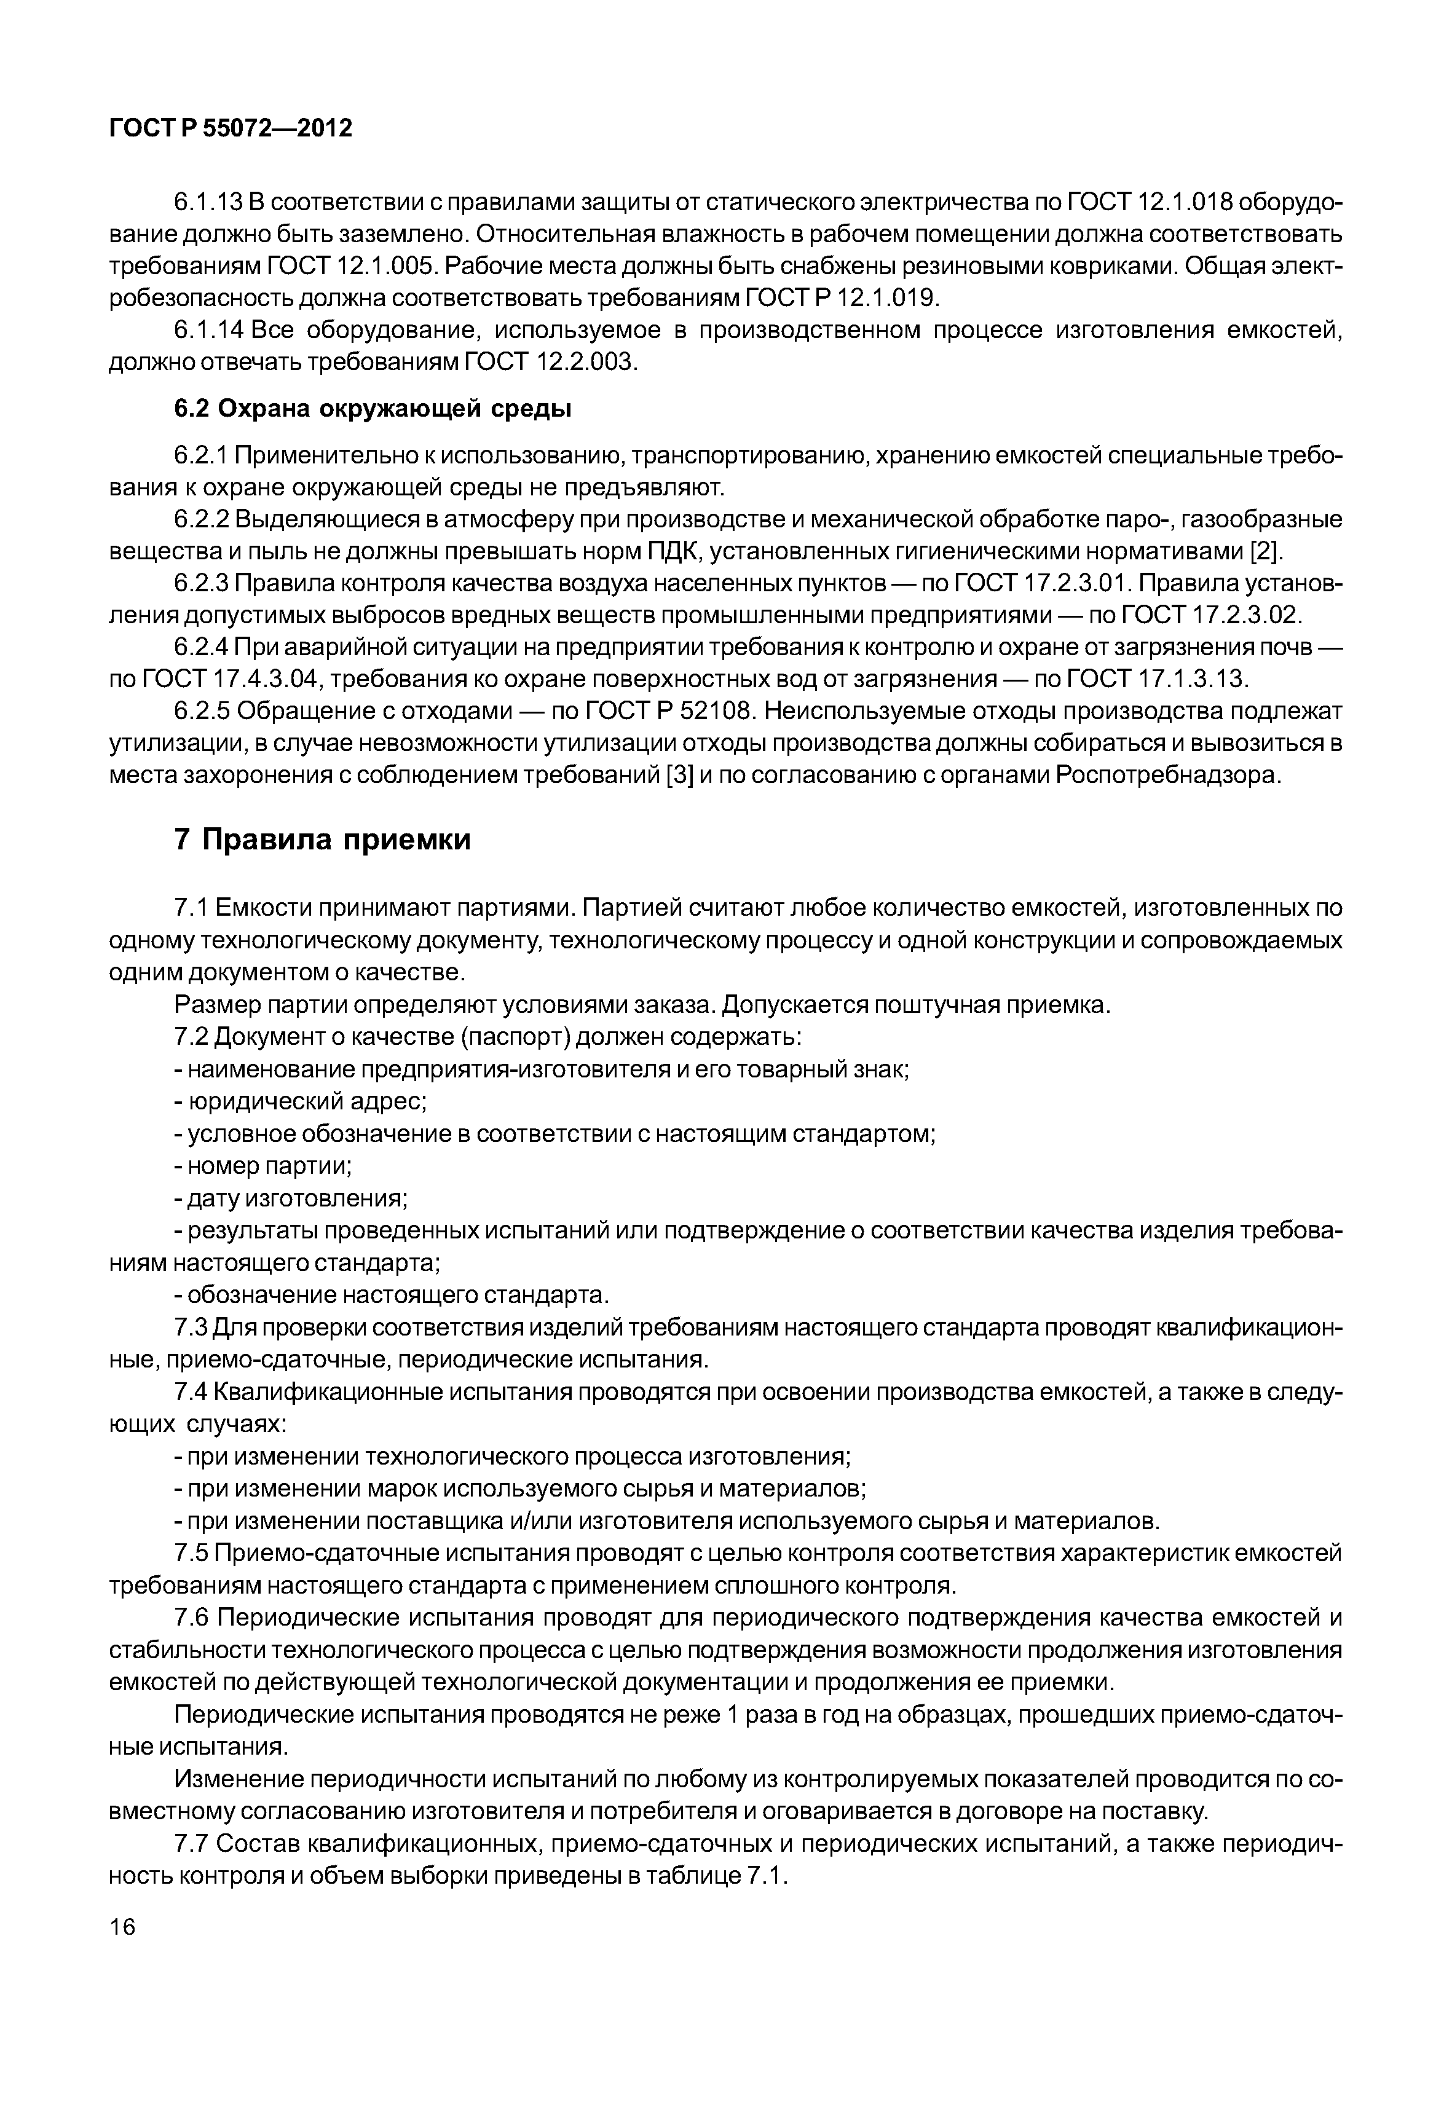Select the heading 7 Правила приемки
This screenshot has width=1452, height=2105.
(323, 840)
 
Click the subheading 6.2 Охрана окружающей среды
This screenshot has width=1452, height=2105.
(373, 409)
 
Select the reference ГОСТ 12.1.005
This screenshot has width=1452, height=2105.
(355, 267)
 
